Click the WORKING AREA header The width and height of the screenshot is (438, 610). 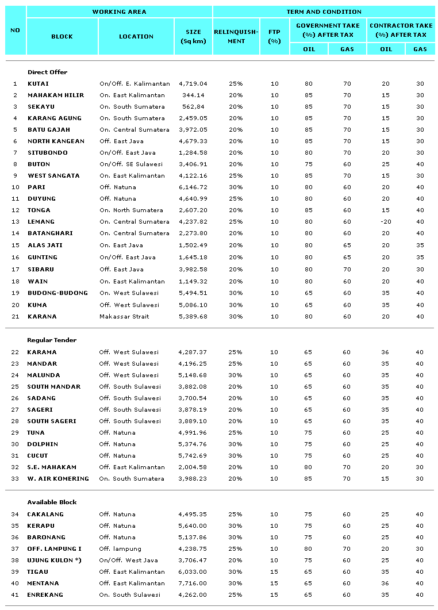(x=119, y=11)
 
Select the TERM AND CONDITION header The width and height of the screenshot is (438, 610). (x=324, y=11)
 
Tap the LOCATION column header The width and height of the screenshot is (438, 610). (x=136, y=36)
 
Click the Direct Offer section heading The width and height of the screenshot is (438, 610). (x=47, y=72)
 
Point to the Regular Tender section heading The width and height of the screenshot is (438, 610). (x=52, y=340)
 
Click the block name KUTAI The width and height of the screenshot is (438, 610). (x=38, y=83)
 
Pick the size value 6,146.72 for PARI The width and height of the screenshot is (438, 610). (x=193, y=187)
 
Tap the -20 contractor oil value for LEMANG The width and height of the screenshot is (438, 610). (x=386, y=221)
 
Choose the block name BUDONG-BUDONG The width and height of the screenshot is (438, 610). (x=57, y=293)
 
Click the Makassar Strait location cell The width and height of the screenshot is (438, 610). (x=126, y=316)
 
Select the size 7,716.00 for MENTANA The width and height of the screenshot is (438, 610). (x=193, y=583)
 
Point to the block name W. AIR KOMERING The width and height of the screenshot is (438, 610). (x=58, y=478)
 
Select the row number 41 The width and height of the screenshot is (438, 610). (x=15, y=594)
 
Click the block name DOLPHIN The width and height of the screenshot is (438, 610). (x=43, y=444)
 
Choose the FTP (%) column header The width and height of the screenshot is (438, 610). (x=274, y=36)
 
